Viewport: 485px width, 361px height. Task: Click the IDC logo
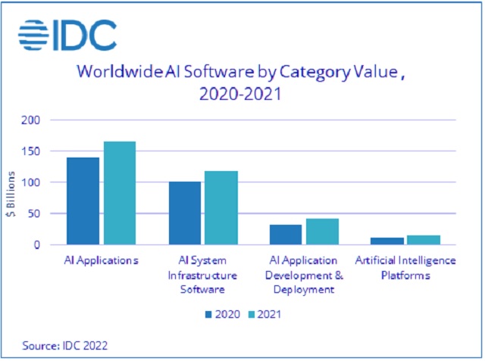tap(67, 34)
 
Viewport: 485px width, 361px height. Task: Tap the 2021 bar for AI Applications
tap(120, 193)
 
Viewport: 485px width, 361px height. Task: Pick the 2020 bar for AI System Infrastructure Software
tap(184, 213)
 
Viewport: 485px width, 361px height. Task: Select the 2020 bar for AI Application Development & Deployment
tap(285, 235)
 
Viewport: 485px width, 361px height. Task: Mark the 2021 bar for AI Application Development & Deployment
tap(321, 232)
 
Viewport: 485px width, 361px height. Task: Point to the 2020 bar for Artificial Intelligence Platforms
tap(387, 241)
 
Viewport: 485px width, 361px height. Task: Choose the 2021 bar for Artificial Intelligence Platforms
tap(423, 240)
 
